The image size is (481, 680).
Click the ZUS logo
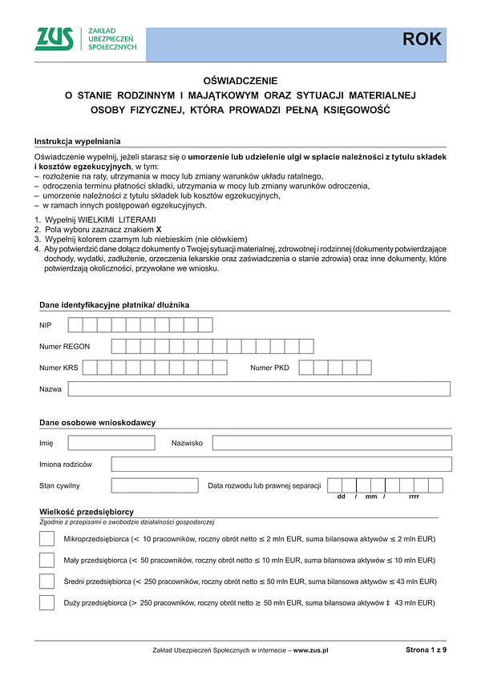coord(55,38)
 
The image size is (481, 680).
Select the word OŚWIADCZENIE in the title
coord(240,80)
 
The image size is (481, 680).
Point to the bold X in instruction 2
coord(159,229)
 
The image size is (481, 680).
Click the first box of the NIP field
coord(75,324)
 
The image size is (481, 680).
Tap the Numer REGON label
coord(64,346)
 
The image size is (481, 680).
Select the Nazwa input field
coord(259,388)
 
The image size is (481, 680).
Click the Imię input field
coord(111,443)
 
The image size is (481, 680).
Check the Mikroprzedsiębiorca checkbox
coord(46,539)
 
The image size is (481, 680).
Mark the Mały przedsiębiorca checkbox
coord(46,560)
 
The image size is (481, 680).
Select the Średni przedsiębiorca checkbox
coord(46,581)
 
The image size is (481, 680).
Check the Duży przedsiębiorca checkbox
coord(46,602)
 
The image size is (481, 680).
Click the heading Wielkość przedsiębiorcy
coord(86,512)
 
